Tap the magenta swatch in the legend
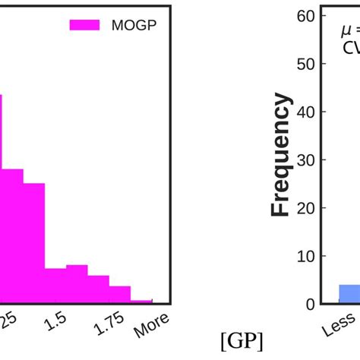point(84,24)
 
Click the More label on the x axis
point(151,326)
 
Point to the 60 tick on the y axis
point(304,16)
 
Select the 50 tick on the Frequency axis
point(304,64)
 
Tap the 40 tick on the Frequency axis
point(304,112)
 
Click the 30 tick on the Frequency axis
point(304,160)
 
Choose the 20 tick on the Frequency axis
point(304,208)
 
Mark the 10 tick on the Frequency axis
point(304,257)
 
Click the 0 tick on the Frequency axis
point(308,305)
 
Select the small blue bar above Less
point(349,295)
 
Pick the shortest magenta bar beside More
point(142,302)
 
